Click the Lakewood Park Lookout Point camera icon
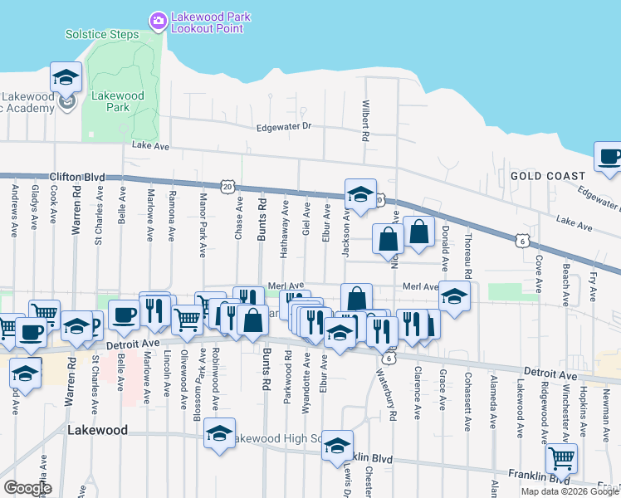tap(157, 18)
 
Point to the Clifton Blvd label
tap(77, 177)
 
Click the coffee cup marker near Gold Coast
tap(609, 157)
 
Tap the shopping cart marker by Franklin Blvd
tap(561, 456)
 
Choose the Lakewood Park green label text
tap(118, 101)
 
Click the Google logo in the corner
tap(27, 488)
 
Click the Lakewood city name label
tap(98, 431)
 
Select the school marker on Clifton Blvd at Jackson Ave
tap(360, 195)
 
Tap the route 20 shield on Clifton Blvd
tap(227, 187)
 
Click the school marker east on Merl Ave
tap(454, 296)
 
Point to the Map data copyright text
tap(570, 491)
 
